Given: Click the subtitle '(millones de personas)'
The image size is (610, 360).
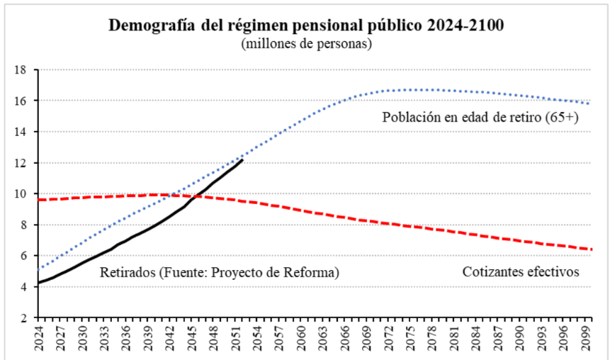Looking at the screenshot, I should [x=306, y=44].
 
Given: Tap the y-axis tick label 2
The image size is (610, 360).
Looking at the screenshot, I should [x=23, y=317].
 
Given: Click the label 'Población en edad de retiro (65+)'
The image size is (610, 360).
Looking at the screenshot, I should [x=481, y=118].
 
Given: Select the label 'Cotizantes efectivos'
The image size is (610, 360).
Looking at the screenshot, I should [x=521, y=271].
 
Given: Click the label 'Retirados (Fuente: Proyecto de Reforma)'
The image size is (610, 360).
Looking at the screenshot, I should [x=219, y=271].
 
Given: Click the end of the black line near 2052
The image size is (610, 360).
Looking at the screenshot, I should [x=243, y=160].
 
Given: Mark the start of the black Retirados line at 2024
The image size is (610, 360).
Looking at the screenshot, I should [x=38, y=283].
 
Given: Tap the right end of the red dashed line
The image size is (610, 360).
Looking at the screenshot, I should [x=591, y=249].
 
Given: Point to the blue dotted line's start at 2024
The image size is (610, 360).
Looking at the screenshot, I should [x=38, y=269].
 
